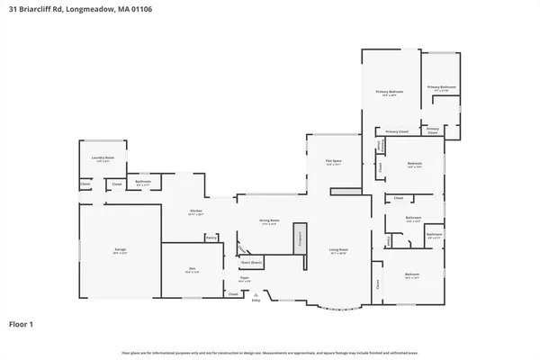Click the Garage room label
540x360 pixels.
(x=120, y=253)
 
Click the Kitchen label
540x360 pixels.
(x=195, y=212)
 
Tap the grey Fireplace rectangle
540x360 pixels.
(x=302, y=238)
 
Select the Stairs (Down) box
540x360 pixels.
(x=251, y=263)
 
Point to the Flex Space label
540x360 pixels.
(x=333, y=163)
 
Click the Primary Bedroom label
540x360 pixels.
(x=390, y=93)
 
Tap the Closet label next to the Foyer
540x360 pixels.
(x=233, y=293)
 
